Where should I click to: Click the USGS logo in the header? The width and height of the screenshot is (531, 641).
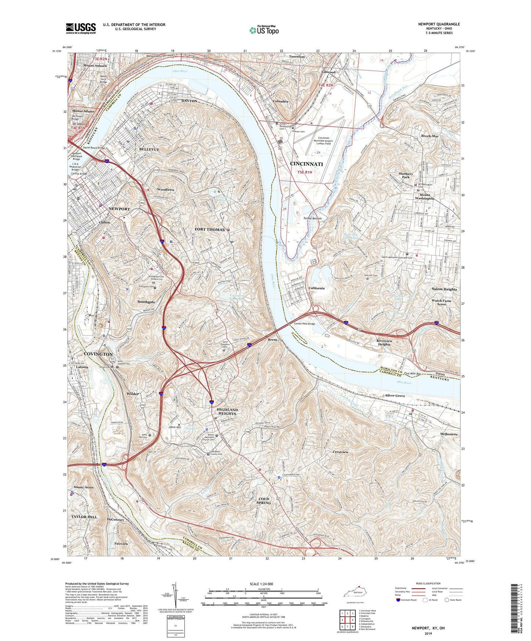(x=81, y=28)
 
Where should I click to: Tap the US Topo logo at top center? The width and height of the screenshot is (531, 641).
(x=263, y=30)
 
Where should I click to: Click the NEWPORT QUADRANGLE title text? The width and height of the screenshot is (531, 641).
(x=439, y=24)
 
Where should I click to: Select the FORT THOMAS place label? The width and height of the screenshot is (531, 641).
(x=209, y=229)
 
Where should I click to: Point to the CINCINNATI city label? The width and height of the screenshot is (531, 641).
(x=306, y=164)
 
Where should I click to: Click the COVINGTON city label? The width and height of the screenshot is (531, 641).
(x=98, y=354)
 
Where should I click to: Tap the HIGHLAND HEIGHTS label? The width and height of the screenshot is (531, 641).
(x=227, y=412)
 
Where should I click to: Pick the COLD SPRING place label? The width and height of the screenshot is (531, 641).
(x=264, y=501)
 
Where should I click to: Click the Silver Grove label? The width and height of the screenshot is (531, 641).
(x=395, y=395)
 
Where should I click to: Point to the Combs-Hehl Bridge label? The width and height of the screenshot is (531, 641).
(x=305, y=324)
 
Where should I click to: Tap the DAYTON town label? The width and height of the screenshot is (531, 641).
(x=190, y=101)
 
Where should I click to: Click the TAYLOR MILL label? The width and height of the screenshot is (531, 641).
(x=85, y=517)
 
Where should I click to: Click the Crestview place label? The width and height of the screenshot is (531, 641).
(x=340, y=452)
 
